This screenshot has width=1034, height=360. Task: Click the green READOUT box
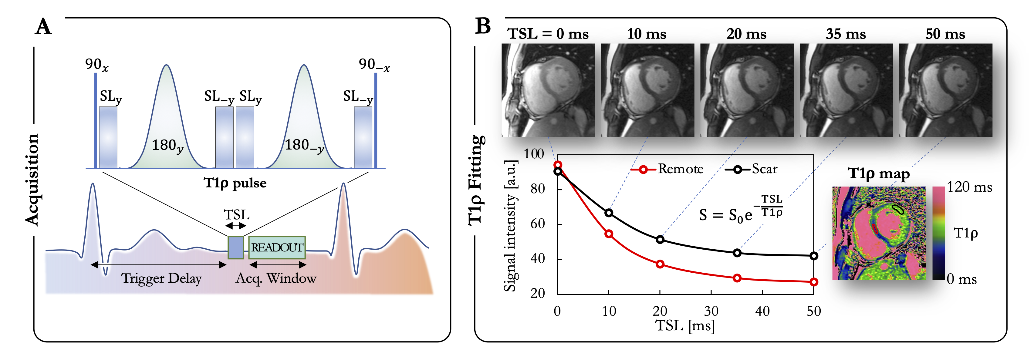[x=277, y=247]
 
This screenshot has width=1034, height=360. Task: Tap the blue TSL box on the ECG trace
[x=236, y=247]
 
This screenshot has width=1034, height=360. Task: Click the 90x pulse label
[x=96, y=65]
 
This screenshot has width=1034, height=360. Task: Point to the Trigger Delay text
[x=161, y=278]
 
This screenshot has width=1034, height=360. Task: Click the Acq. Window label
[x=276, y=278]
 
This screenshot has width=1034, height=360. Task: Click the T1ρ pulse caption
[x=235, y=183]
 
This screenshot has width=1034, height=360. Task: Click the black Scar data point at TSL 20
[x=660, y=240]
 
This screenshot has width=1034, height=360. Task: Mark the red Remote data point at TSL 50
[x=814, y=282]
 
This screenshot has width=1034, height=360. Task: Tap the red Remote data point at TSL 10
[x=609, y=234]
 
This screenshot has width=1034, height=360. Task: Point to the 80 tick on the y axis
[x=537, y=189]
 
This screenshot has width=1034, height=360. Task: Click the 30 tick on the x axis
[x=711, y=311]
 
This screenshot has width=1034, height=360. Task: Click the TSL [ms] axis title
[x=685, y=325]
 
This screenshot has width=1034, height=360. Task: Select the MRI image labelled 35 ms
[x=846, y=90]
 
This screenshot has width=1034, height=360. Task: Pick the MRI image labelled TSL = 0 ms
[x=548, y=90]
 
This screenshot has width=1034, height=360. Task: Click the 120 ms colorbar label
[x=969, y=187]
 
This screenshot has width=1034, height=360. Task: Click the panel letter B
[x=483, y=26]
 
